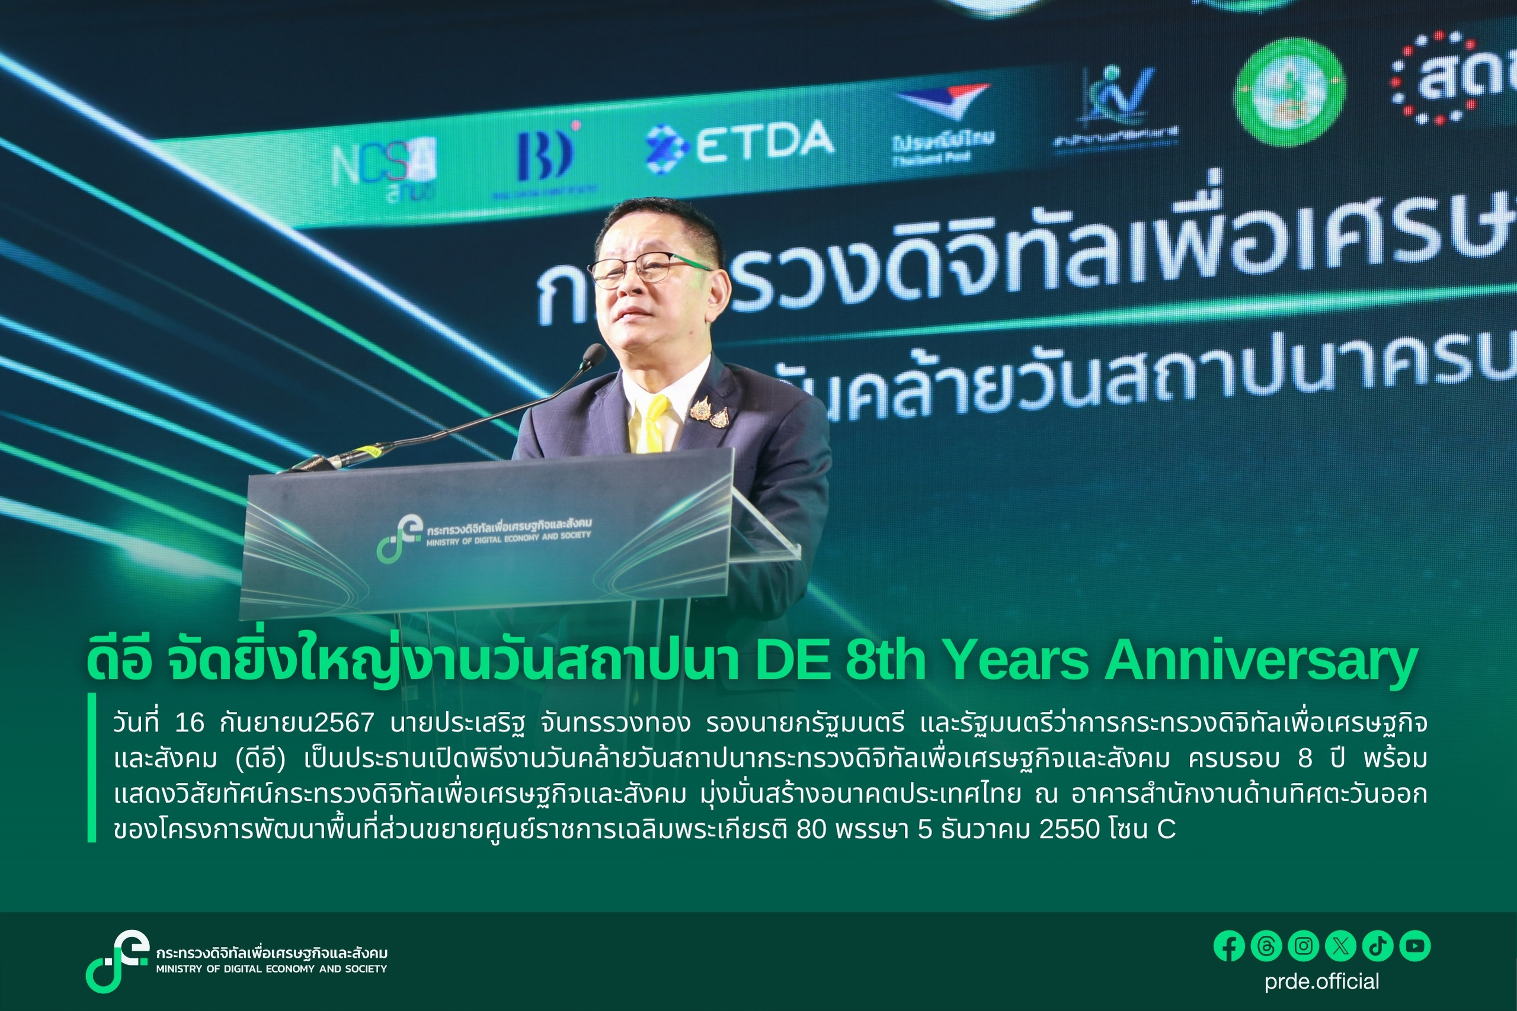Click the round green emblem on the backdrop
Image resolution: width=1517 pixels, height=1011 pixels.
pyautogui.click(x=1289, y=92)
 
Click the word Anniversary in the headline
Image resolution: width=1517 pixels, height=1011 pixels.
pyautogui.click(x=1260, y=662)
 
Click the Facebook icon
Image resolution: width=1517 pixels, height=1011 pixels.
pyautogui.click(x=1228, y=946)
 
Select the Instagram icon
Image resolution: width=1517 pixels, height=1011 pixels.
pyautogui.click(x=1303, y=946)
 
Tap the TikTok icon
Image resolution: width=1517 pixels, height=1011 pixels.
pyautogui.click(x=1378, y=946)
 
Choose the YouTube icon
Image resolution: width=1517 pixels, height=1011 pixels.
pyautogui.click(x=1415, y=946)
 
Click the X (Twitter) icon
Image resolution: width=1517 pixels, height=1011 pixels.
pyautogui.click(x=1340, y=946)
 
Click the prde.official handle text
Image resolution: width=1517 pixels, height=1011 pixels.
pyautogui.click(x=1321, y=981)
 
